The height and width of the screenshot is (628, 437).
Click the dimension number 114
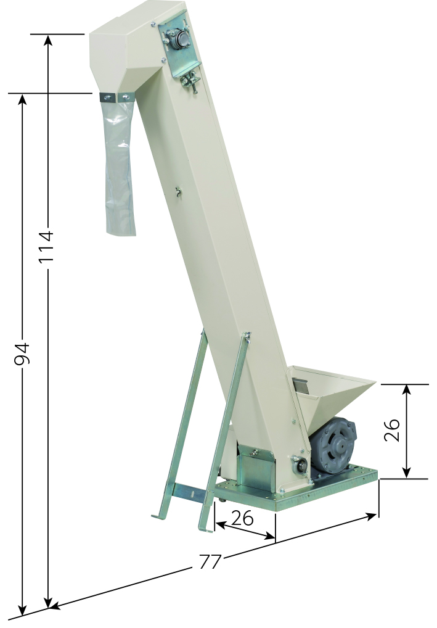pos(46,246)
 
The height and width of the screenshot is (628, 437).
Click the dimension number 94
pos(22,353)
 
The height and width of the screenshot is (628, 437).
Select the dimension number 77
pos(210,562)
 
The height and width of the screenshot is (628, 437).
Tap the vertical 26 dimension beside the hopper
pos(392,430)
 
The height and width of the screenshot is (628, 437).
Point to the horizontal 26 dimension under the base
pos(242,518)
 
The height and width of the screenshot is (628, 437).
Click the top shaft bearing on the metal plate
pos(181,39)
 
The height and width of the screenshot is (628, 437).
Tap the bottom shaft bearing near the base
pos(301,465)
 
